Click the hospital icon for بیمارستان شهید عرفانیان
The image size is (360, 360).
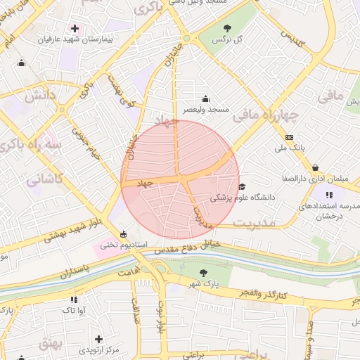click(x=75, y=28)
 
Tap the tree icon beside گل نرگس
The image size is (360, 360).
click(x=226, y=28)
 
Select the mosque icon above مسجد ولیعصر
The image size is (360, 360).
click(x=205, y=98)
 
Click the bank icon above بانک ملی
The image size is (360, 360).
click(x=289, y=137)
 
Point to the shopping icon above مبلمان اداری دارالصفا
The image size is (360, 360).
click(x=314, y=167)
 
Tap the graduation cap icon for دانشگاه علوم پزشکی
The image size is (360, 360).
click(x=242, y=186)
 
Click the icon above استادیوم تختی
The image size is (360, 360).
click(x=124, y=234)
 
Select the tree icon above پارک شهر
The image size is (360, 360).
click(x=203, y=272)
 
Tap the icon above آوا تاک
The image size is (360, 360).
click(x=74, y=299)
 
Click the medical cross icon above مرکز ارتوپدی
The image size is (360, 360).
click(x=98, y=339)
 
